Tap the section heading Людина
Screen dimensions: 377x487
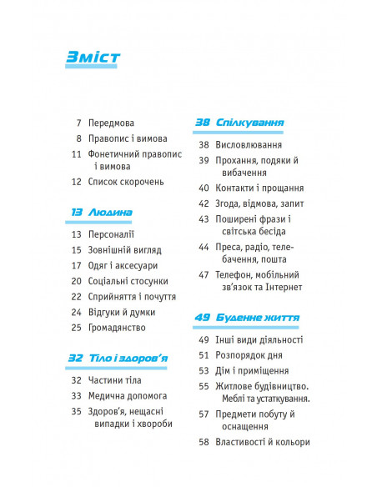109,213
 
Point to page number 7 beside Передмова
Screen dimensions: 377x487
78,123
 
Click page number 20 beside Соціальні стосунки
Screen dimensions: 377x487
76,281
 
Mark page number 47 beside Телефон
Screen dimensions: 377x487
203,274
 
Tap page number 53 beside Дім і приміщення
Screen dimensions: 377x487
203,371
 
